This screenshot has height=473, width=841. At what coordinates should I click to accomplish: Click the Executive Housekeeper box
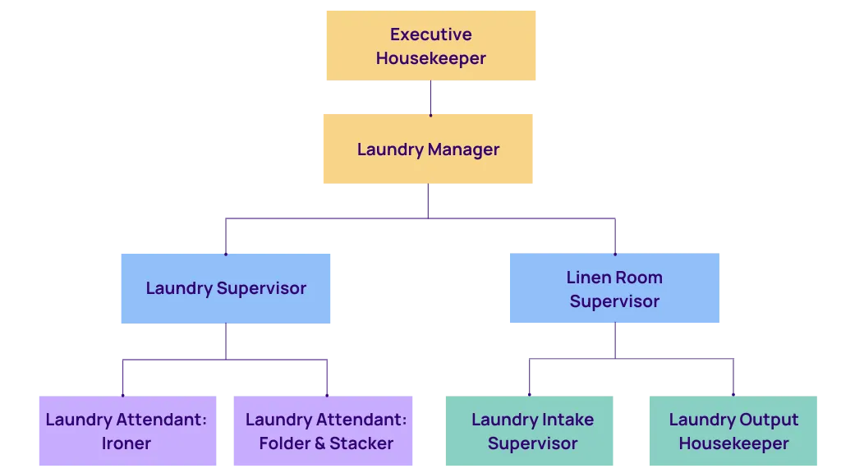pyautogui.click(x=430, y=46)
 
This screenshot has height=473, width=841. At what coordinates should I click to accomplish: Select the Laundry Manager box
pyautogui.click(x=429, y=149)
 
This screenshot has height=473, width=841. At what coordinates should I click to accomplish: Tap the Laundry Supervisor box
pyautogui.click(x=226, y=288)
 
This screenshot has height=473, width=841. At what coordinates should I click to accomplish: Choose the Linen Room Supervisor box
pyautogui.click(x=614, y=289)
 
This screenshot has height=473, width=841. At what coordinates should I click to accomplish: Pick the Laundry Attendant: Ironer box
pyautogui.click(x=126, y=431)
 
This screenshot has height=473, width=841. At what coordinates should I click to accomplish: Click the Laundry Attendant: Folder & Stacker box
pyautogui.click(x=325, y=431)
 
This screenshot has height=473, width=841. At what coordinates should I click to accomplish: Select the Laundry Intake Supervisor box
pyautogui.click(x=531, y=431)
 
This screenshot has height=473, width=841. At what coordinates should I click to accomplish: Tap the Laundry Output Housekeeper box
pyautogui.click(x=733, y=431)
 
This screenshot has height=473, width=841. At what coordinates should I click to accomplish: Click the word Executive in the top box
pyautogui.click(x=430, y=34)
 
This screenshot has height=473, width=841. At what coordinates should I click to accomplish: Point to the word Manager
pyautogui.click(x=463, y=149)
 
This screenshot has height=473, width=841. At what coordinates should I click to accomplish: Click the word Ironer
pyautogui.click(x=126, y=443)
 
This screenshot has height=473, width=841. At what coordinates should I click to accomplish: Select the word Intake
pyautogui.click(x=563, y=420)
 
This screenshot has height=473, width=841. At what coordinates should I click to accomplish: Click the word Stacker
pyautogui.click(x=361, y=443)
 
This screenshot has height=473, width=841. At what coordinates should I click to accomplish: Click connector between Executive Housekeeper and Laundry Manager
pyautogui.click(x=430, y=99)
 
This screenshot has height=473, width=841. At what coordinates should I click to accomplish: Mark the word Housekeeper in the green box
pyautogui.click(x=733, y=443)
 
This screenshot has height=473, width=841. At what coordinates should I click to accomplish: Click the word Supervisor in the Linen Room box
pyautogui.click(x=614, y=301)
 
